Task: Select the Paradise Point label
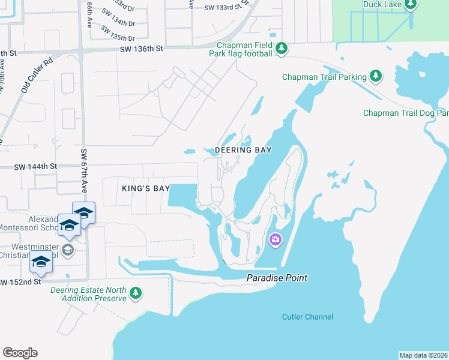(277, 278)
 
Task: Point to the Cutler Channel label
(307, 317)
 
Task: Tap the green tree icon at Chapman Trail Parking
(376, 76)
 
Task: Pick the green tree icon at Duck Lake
(411, 5)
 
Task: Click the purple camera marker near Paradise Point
(276, 241)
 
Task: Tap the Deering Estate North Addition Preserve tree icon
(136, 292)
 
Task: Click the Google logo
(20, 353)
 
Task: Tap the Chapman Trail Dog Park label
(406, 113)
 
